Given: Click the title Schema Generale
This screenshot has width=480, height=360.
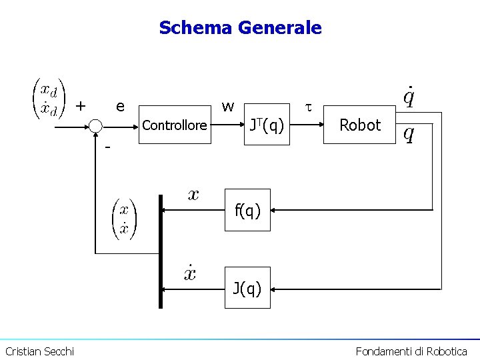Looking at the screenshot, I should [x=240, y=28].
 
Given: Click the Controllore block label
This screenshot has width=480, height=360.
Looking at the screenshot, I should [x=175, y=125].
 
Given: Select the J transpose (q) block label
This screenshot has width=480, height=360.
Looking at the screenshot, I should [x=267, y=124].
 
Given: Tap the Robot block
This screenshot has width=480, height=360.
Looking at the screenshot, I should [x=360, y=125].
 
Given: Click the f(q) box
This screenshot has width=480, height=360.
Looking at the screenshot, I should [x=247, y=210].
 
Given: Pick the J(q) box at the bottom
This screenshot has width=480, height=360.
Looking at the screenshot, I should [x=247, y=289].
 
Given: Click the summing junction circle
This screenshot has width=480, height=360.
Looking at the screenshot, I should [x=96, y=125].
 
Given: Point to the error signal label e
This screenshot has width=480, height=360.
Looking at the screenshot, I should [x=120, y=106].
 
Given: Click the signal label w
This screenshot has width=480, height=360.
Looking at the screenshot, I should [x=228, y=106].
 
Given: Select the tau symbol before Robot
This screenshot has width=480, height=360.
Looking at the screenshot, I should [x=308, y=106].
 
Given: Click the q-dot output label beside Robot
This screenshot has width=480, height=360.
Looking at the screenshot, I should [x=409, y=97].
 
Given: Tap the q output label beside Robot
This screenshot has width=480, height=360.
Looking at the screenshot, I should [x=409, y=135].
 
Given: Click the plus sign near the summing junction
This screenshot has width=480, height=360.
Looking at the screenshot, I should [x=81, y=105].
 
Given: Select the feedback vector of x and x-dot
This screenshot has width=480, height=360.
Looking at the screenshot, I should [x=124, y=219].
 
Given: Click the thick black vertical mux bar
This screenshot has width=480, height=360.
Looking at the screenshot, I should [x=160, y=251].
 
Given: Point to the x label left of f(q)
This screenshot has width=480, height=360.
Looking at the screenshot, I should [x=193, y=195].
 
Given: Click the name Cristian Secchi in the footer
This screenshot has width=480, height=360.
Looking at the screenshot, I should [x=40, y=351].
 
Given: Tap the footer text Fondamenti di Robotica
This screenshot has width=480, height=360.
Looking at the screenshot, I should [x=411, y=351].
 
